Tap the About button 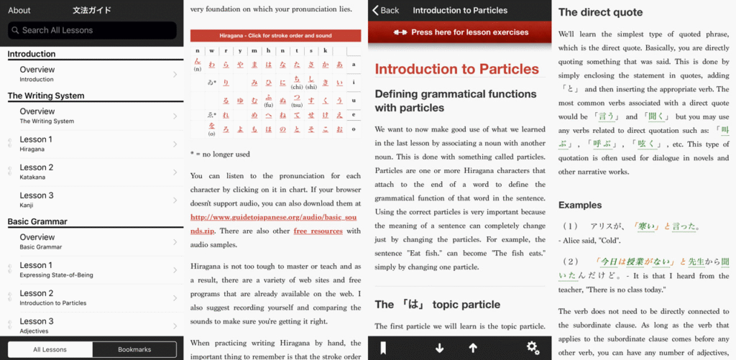[x=19, y=10]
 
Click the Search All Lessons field [x=92, y=30]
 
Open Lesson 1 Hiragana [x=92, y=144]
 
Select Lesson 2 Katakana [x=92, y=172]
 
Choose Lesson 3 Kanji [x=92, y=200]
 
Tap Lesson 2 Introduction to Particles [x=92, y=297]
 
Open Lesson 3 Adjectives [x=92, y=326]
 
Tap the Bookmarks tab [x=134, y=349]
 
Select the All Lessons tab [x=50, y=349]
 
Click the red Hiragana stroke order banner [x=275, y=35]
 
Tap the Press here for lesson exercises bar [x=460, y=32]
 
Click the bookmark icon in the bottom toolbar [x=384, y=349]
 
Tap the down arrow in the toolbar [x=439, y=349]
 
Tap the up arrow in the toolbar [x=473, y=349]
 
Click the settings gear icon [x=533, y=348]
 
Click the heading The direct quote [x=600, y=12]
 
